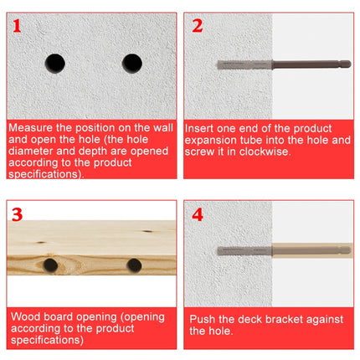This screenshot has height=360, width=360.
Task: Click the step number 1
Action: click(x=18, y=27)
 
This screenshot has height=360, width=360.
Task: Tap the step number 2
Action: click(x=198, y=26)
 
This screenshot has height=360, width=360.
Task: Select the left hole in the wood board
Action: click(x=50, y=267)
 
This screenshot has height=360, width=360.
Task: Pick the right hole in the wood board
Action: click(x=133, y=266)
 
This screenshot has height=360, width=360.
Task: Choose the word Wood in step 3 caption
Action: click(x=24, y=317)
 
